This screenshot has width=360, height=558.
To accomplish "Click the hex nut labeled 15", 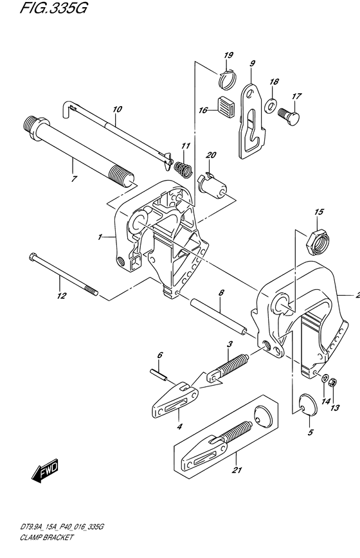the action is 318,242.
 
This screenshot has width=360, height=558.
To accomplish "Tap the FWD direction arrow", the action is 44,470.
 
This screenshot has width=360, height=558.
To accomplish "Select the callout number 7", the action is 74,179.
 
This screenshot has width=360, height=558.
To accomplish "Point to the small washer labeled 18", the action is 271,104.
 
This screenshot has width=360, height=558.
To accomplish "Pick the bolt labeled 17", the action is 289,115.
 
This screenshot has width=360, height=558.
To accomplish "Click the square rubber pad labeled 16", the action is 226,105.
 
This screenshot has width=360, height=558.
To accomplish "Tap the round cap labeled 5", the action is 308,404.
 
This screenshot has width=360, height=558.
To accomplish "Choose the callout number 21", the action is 237,470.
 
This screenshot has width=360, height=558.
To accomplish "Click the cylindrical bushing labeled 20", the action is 212,183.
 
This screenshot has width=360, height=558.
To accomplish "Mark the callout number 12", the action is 62,295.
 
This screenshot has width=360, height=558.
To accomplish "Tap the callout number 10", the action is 117,109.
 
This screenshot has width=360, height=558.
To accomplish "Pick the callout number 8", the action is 221,293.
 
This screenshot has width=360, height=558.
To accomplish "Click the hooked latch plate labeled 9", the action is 252,121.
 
